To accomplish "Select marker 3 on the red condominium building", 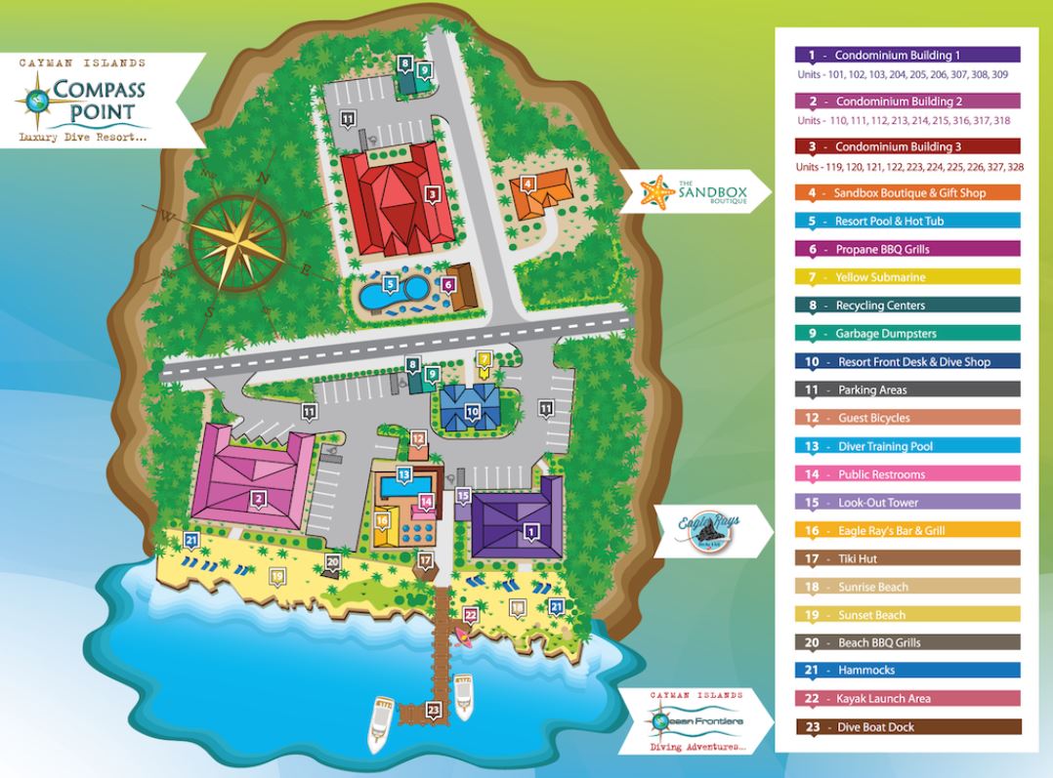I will [x=431, y=193].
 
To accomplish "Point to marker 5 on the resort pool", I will [x=390, y=284].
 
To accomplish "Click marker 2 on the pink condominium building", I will [x=259, y=499].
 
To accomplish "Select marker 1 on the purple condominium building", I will [x=531, y=531].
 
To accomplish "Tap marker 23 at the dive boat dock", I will [x=433, y=710].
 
